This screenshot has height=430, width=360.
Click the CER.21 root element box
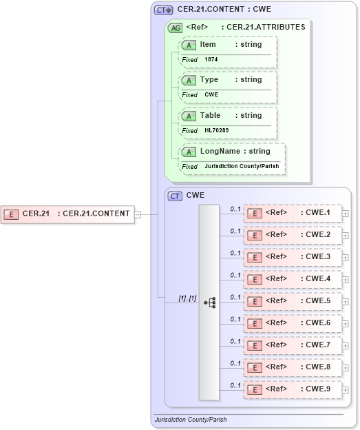click(67, 214)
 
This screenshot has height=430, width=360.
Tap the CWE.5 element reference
click(293, 301)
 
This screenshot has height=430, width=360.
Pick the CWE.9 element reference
click(293, 389)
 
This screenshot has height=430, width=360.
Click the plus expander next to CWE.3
click(345, 258)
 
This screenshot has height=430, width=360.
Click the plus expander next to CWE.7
click(345, 346)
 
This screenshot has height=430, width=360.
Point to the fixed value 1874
click(211, 60)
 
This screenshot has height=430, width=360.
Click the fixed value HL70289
click(216, 130)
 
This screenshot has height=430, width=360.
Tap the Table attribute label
click(210, 116)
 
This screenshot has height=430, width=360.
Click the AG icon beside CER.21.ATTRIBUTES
click(176, 28)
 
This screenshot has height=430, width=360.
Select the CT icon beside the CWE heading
click(175, 196)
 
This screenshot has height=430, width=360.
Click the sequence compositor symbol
click(209, 302)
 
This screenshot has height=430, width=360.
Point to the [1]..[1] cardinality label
click(187, 298)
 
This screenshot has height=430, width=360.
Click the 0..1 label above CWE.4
click(235, 275)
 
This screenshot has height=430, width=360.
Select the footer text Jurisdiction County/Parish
click(191, 419)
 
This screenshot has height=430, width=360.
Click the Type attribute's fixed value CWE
click(211, 94)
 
